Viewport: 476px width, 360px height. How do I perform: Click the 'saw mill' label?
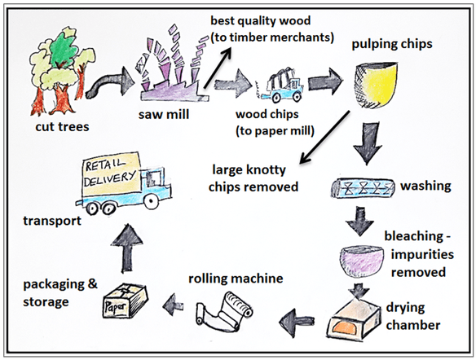coord(164,115)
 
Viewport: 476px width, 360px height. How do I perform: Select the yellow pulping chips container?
coord(376,85)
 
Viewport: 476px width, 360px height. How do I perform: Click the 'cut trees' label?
coord(62,127)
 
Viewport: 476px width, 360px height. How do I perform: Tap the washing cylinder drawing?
coord(363,188)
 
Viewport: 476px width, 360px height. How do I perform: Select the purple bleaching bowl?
coord(360,261)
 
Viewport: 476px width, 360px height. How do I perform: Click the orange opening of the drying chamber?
coord(345,329)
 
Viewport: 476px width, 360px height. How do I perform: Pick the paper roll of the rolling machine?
coord(225,312)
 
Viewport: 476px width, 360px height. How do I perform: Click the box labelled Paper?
coord(125,301)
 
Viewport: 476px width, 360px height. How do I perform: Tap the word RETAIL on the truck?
coord(105,165)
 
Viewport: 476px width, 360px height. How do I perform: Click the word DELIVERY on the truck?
coord(109,178)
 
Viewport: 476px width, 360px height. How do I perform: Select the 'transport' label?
coord(52,221)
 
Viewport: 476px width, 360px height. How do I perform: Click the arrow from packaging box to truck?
coord(127,248)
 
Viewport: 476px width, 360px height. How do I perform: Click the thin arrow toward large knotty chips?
coord(324,137)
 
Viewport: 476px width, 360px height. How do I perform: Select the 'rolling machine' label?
coord(236,279)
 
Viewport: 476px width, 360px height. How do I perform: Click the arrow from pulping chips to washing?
coord(368,143)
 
